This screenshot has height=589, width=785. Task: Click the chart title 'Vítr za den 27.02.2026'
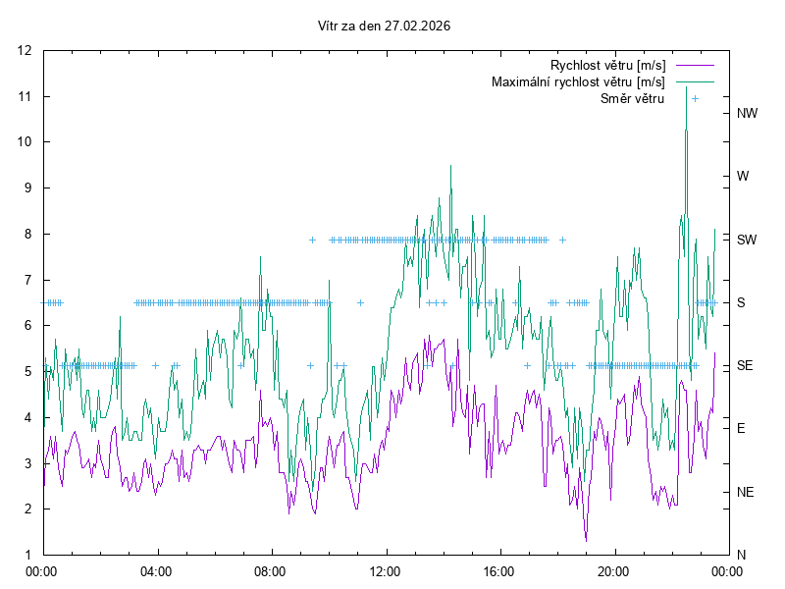385,26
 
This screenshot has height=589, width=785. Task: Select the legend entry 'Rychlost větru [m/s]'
607,65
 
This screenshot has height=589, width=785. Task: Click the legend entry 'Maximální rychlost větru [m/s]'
578,81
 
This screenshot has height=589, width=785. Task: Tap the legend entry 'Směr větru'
632,98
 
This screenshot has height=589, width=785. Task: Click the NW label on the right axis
748,113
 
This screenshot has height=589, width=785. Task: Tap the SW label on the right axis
747,240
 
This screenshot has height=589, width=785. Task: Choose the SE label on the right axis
745,365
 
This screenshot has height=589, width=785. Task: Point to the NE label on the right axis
746,492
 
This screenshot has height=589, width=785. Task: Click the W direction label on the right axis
743,177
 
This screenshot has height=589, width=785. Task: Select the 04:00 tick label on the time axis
156,570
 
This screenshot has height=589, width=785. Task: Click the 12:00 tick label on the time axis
385,570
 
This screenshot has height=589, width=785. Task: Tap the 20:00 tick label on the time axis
613,570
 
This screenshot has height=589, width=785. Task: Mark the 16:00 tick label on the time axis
499,570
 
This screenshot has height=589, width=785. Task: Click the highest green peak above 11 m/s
686,87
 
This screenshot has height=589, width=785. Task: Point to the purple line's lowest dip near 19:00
586,540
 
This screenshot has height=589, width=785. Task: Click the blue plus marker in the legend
695,98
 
